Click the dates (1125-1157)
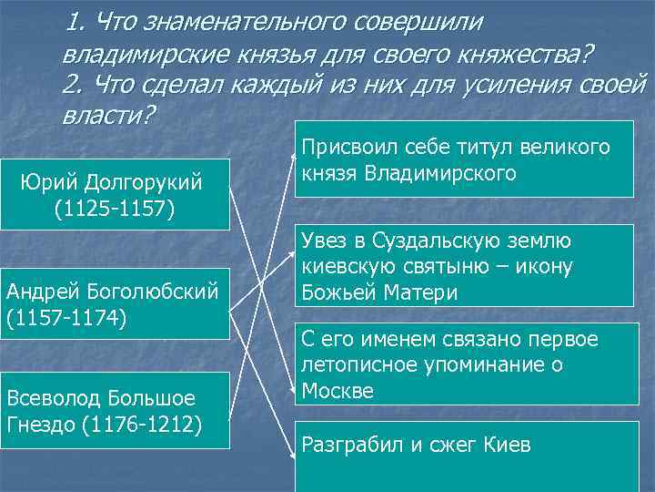[115, 209]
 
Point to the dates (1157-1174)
[66, 319]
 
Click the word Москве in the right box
[338, 391]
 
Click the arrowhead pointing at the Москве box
[295, 386]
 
